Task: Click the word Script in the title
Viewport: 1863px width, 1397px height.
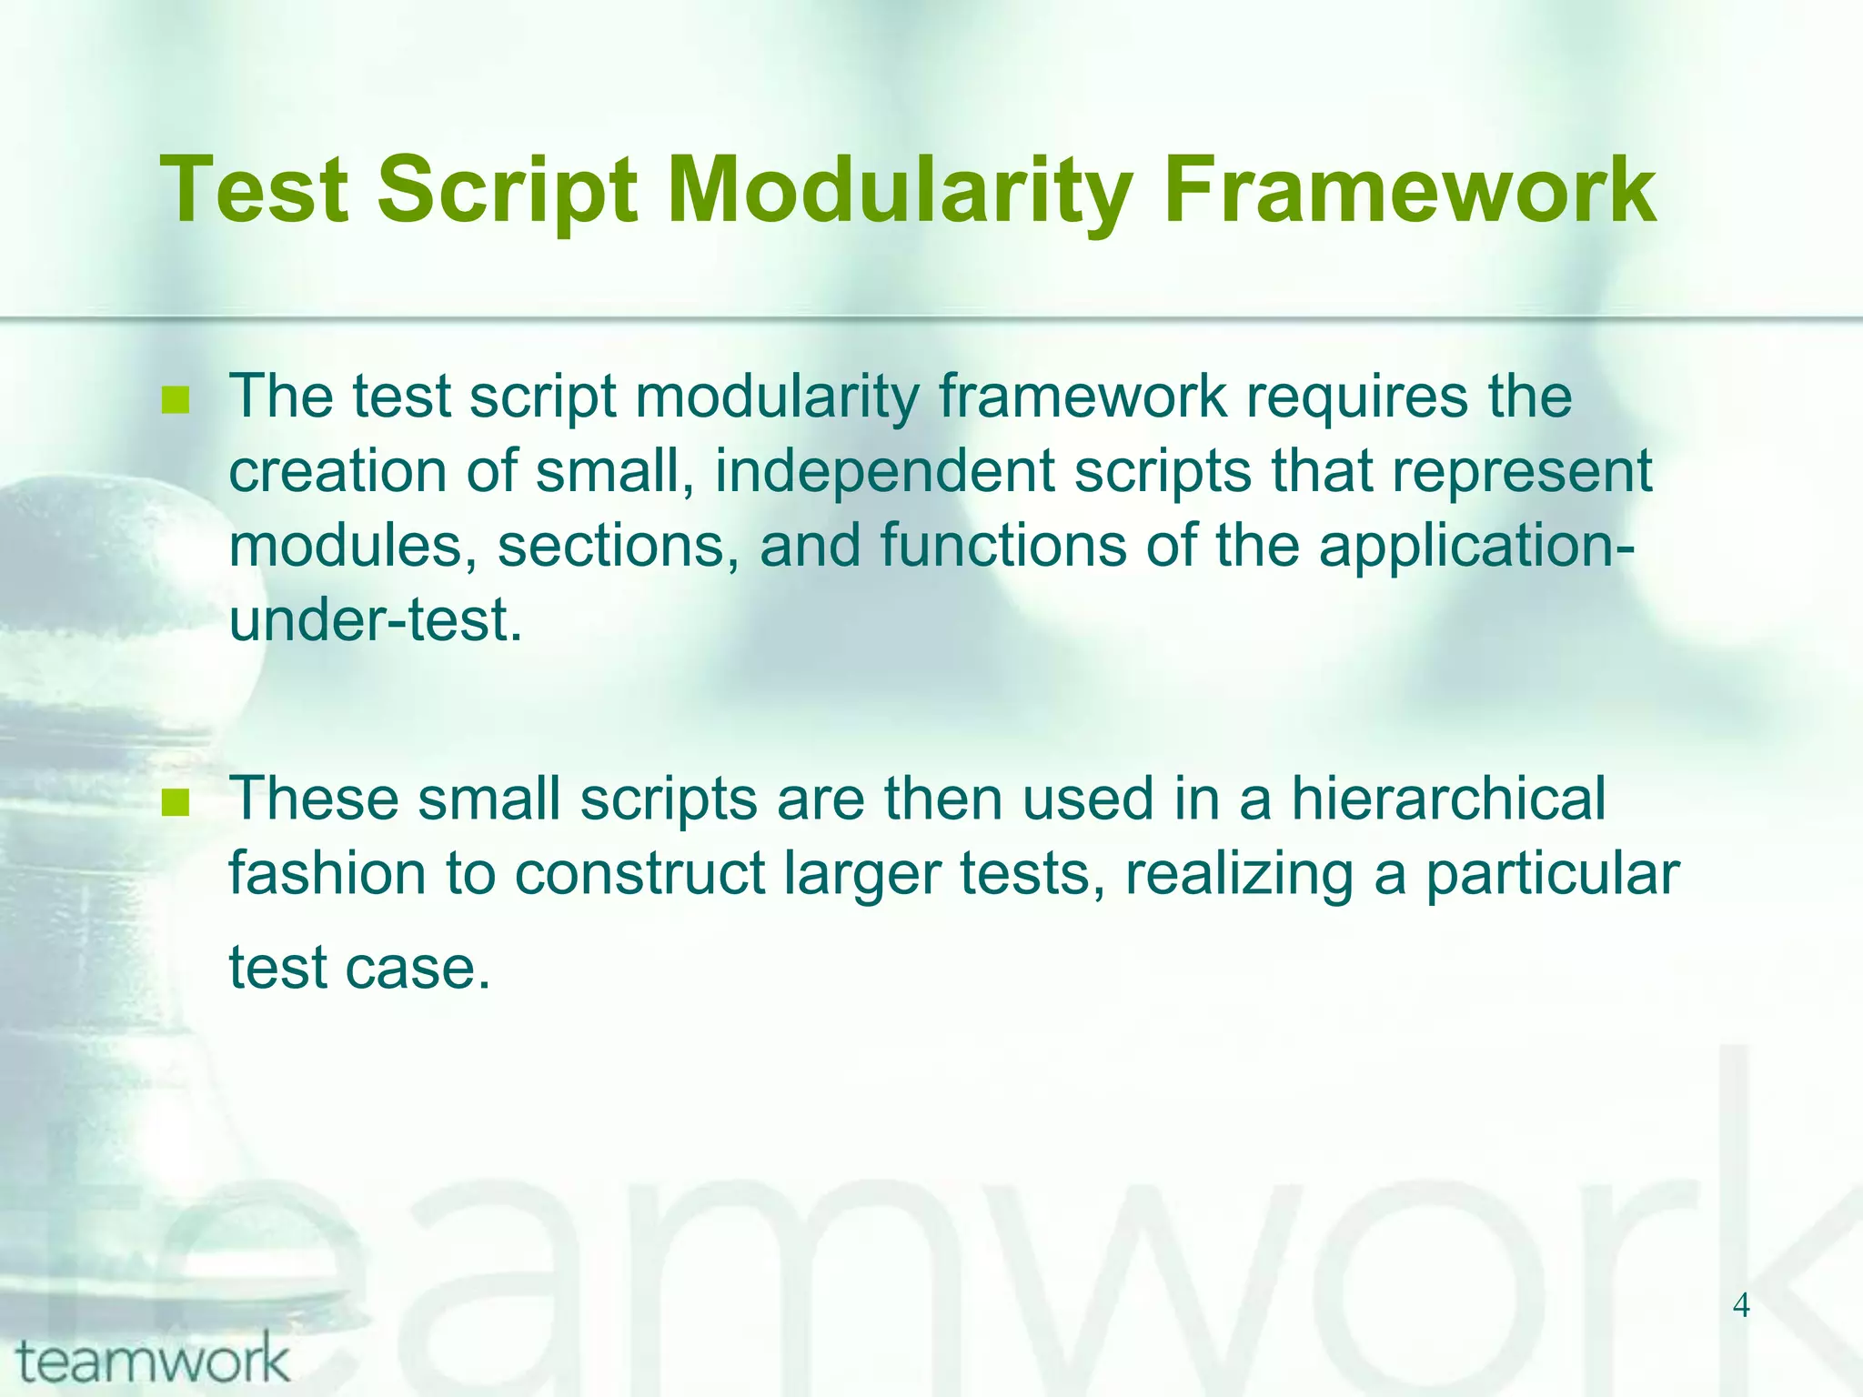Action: pos(507,191)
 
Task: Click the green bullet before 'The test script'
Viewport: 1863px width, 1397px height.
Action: pos(175,400)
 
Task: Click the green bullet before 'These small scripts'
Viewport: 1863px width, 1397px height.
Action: pos(175,802)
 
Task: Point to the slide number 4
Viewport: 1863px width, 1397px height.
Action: pos(1740,1306)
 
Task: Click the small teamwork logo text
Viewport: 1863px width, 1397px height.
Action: pos(153,1361)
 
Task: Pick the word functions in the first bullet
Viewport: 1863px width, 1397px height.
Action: pos(1002,546)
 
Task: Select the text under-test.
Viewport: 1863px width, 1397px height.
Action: pos(376,621)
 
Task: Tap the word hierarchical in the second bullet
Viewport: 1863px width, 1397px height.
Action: pos(1448,799)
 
